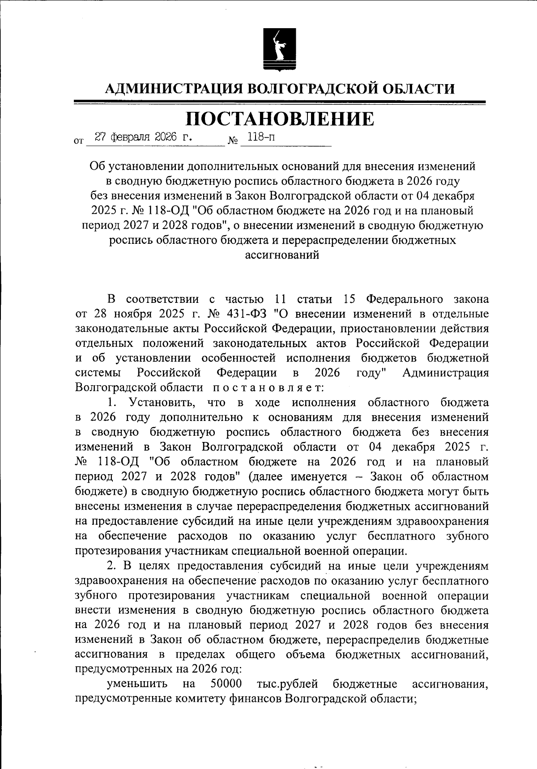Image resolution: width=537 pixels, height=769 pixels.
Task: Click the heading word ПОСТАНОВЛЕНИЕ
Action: point(280,119)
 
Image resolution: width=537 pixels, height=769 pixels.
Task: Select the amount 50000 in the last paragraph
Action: point(226,684)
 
